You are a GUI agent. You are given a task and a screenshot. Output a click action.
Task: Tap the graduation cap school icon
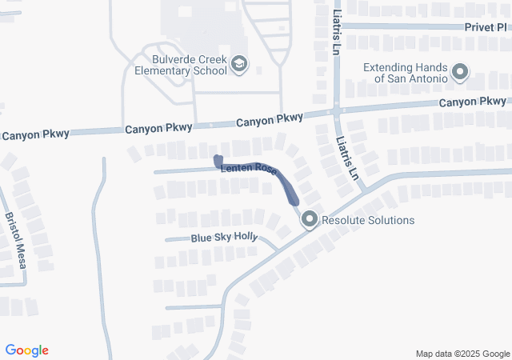[238, 63]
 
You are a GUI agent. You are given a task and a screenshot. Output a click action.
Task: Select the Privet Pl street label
[486, 26]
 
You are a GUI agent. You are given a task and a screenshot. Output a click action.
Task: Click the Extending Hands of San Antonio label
[405, 74]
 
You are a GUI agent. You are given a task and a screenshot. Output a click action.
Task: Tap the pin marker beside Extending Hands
[459, 74]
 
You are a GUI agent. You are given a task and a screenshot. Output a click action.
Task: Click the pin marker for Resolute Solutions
[310, 218]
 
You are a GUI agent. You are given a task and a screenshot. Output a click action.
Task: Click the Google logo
[27, 350]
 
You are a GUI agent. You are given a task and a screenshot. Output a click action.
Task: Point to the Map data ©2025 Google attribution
[462, 354]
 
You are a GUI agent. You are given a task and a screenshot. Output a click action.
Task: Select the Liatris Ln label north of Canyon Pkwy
[334, 30]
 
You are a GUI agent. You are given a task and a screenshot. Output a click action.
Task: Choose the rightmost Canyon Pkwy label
[473, 102]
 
